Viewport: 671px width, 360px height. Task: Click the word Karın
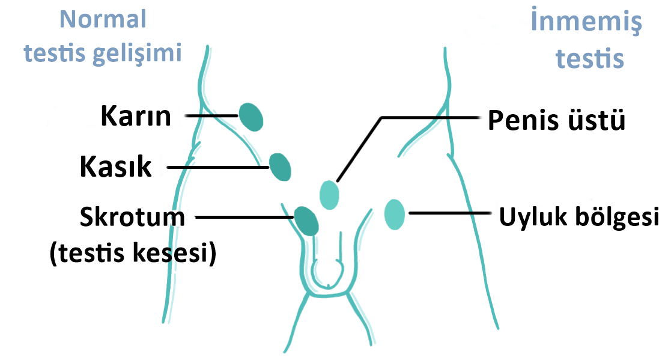pos(136,116)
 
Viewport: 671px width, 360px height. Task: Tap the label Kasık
pos(116,168)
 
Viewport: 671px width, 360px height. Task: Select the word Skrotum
pos(133,216)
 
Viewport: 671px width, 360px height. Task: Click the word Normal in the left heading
pos(102,20)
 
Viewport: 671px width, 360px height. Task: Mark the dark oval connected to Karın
pos(250,117)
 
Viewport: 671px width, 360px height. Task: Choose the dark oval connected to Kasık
pos(280,167)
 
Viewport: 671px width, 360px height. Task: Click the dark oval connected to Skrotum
pos(306,221)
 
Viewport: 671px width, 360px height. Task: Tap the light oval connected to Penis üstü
pos(329,194)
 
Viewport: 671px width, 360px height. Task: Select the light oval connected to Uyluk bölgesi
pos(394,215)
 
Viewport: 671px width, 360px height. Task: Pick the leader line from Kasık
pos(216,168)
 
